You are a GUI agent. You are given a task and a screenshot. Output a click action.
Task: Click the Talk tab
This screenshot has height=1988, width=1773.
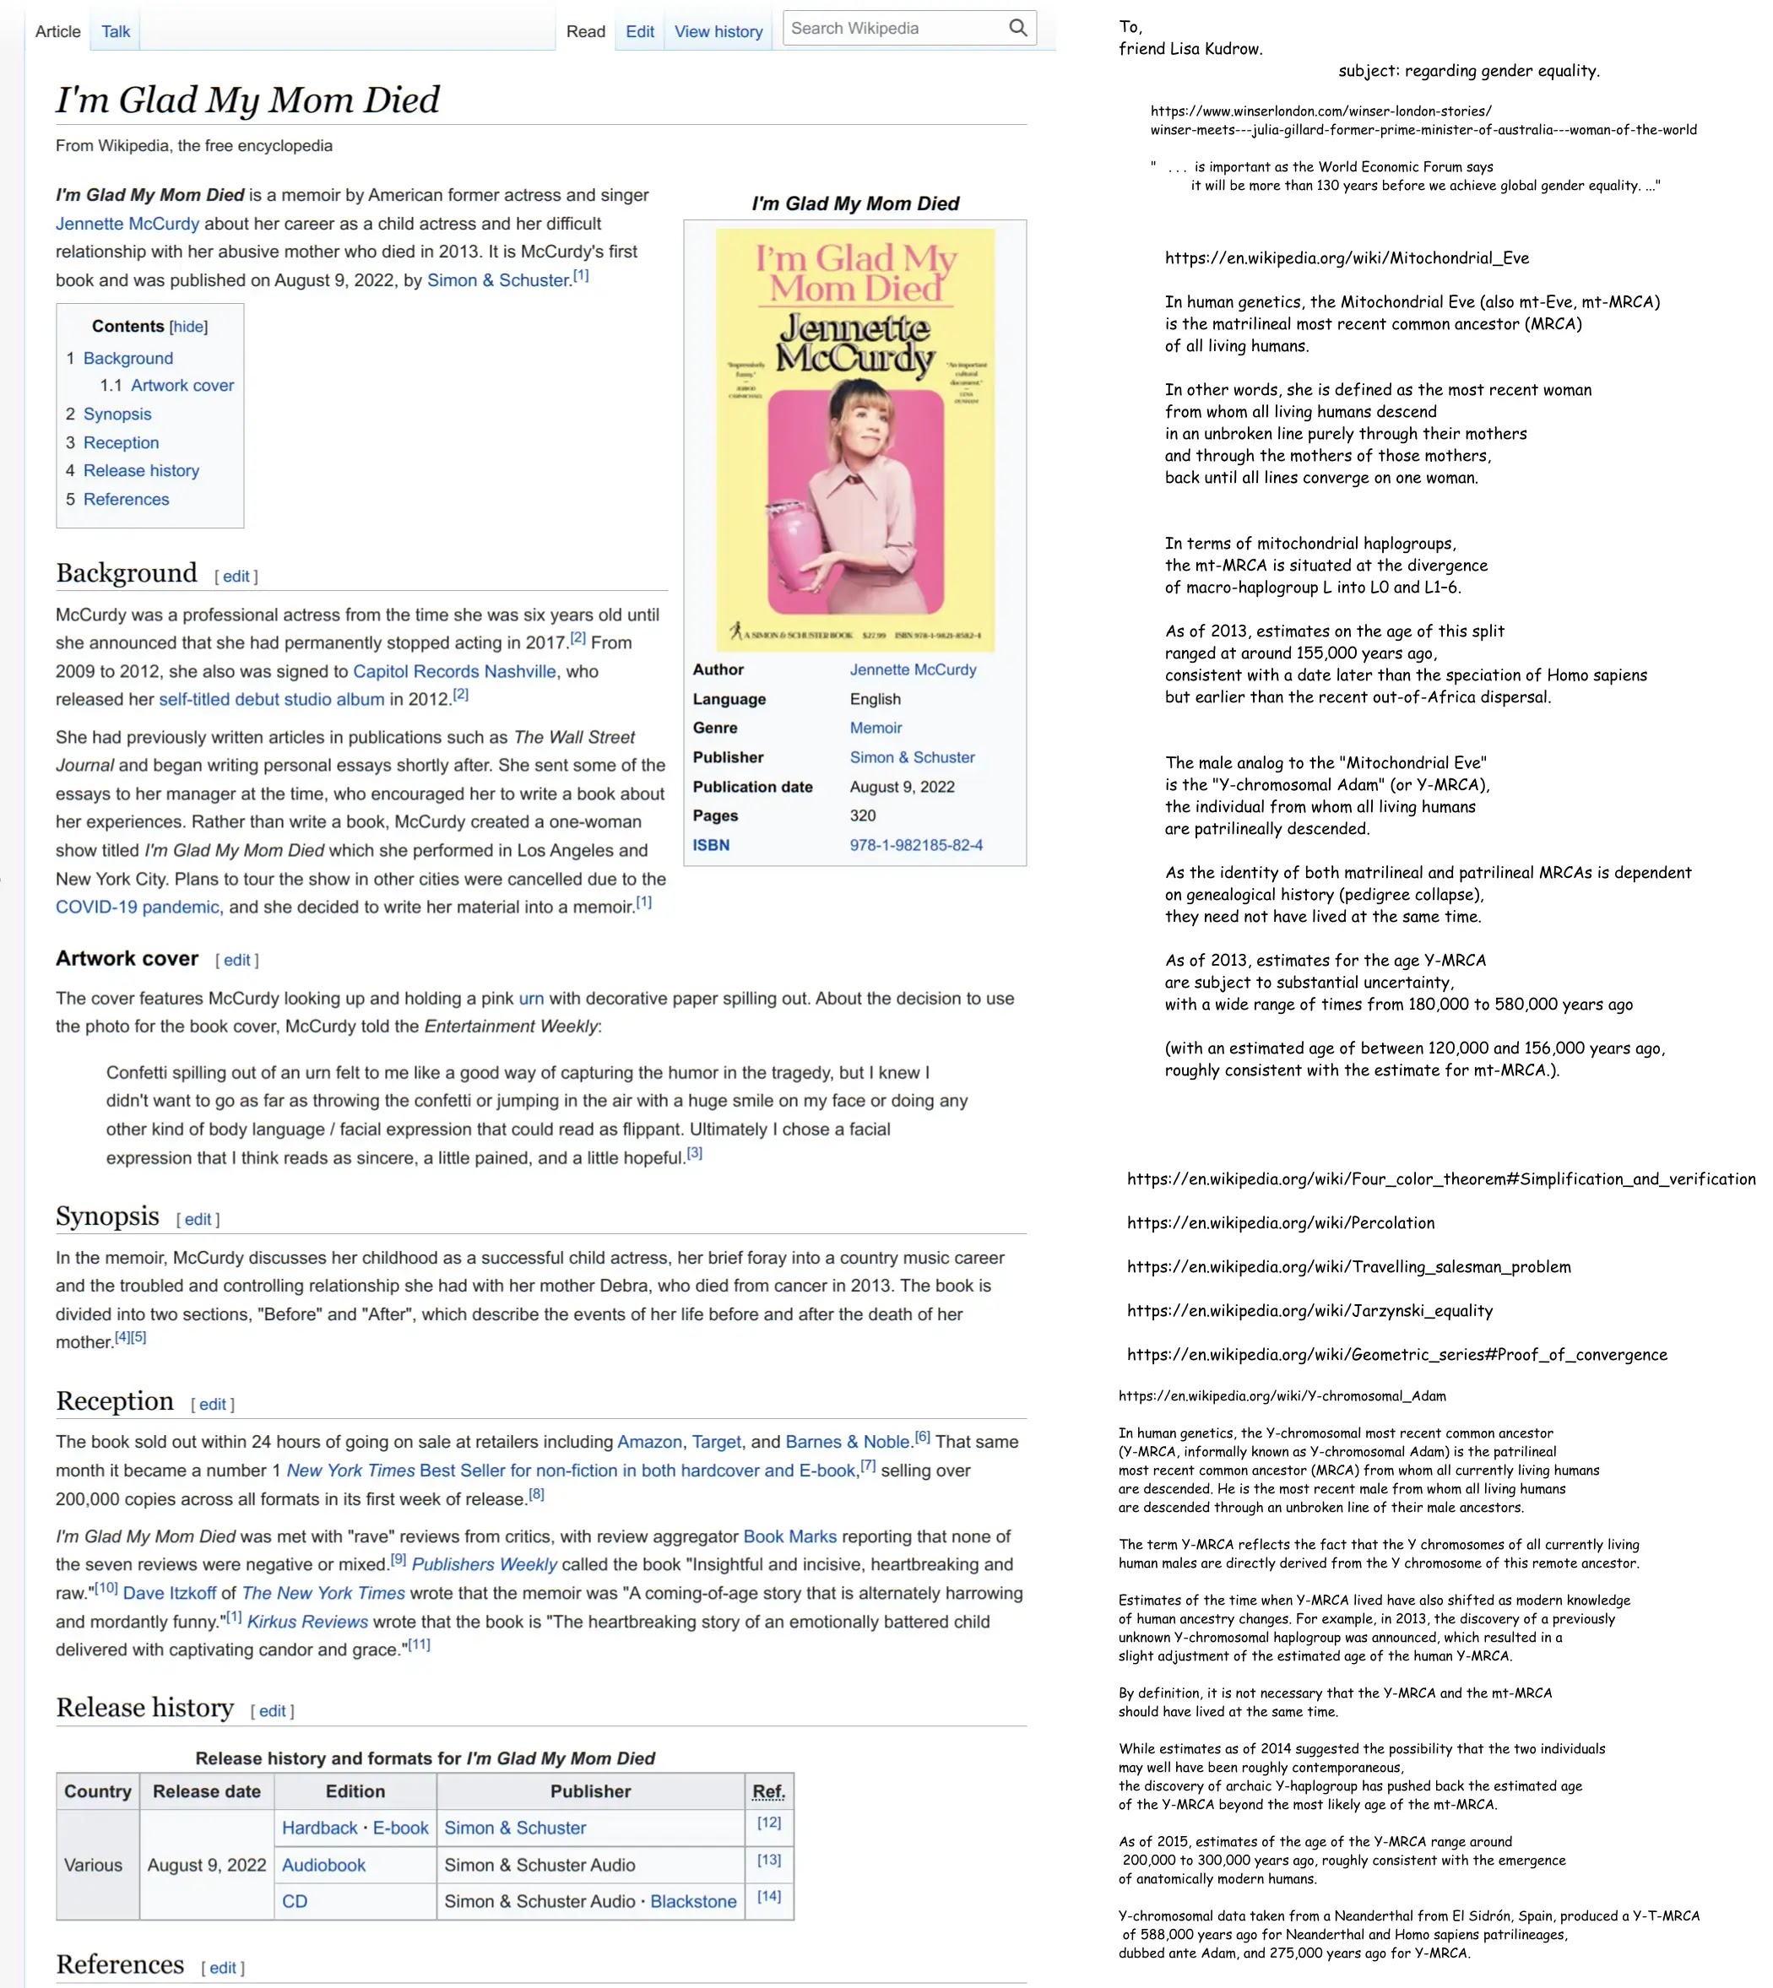pos(115,31)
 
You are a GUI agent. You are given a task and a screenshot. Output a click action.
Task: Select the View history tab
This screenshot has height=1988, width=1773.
pos(718,31)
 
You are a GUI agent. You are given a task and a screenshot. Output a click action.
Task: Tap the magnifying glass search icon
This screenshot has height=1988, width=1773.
pos(1017,28)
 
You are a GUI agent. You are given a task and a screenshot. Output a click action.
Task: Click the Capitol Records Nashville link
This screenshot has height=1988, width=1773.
pos(454,671)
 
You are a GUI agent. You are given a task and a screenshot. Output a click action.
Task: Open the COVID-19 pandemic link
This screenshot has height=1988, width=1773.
pos(137,907)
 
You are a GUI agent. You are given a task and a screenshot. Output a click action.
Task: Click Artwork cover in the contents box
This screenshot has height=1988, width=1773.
pos(182,386)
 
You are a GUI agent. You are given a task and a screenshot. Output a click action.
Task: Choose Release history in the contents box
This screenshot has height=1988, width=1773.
pos(140,470)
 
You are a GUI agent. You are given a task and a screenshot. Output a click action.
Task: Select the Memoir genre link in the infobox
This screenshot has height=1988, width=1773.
pos(875,728)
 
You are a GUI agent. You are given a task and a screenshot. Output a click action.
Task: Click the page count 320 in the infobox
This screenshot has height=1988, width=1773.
pos(862,815)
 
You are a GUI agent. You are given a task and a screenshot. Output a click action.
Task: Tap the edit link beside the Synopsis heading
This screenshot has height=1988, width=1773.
pos(198,1220)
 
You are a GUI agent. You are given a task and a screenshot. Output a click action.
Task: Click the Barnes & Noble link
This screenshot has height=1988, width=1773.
pos(847,1442)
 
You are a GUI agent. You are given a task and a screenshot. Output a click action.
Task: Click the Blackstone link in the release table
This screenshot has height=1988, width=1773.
pos(692,1901)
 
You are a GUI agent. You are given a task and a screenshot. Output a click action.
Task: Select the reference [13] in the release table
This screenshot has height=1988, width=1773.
pos(768,1860)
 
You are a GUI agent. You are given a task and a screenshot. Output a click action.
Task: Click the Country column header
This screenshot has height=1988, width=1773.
pos(97,1791)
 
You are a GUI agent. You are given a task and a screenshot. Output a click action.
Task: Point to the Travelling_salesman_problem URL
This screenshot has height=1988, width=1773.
pos(1348,1267)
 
